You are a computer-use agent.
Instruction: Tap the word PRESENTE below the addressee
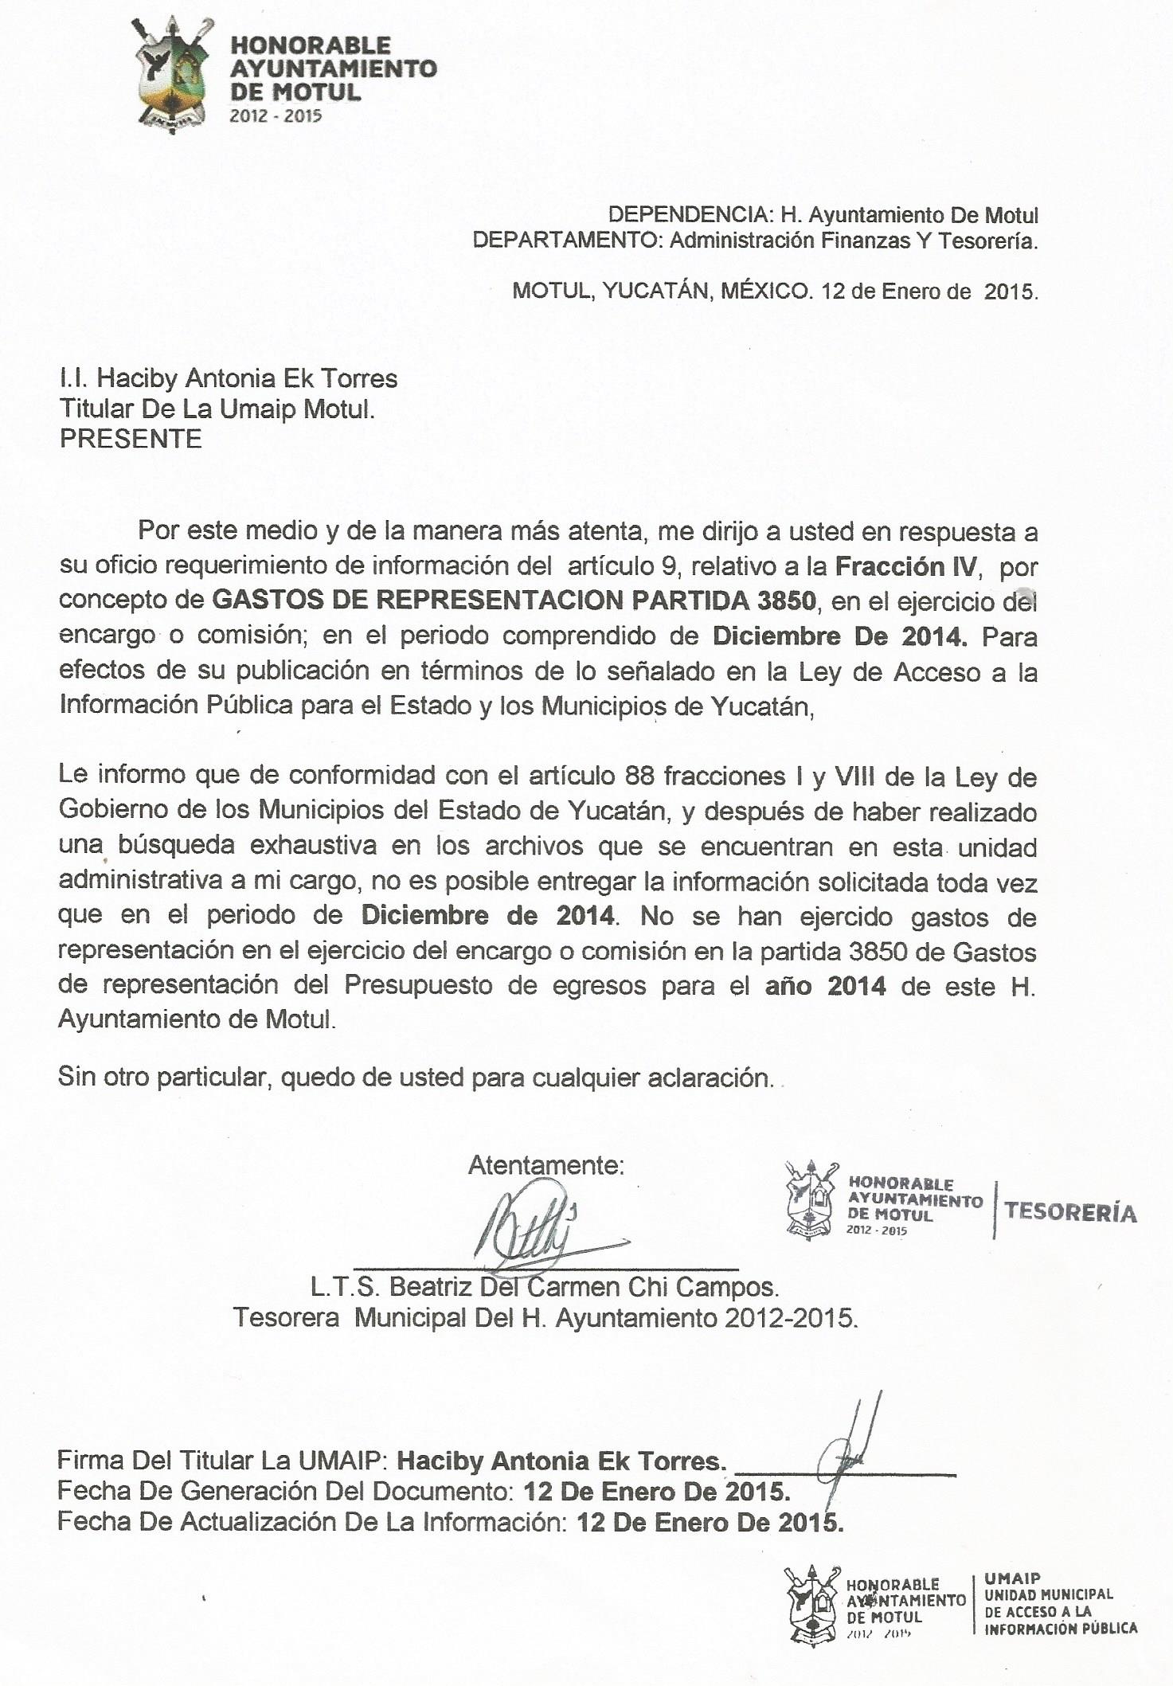click(131, 439)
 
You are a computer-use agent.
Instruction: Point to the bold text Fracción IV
click(905, 566)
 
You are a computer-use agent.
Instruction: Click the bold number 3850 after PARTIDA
click(786, 600)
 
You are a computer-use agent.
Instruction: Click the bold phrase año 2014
click(826, 987)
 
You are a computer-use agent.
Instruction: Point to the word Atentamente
click(545, 1165)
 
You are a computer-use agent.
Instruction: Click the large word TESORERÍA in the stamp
click(1070, 1212)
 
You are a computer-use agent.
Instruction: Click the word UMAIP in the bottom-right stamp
click(1012, 1578)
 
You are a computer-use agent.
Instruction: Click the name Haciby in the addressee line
click(139, 378)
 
